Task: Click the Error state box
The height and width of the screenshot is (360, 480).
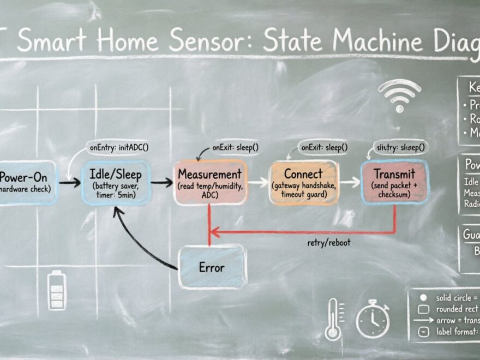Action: click(x=212, y=267)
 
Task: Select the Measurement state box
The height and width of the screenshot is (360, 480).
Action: click(x=209, y=183)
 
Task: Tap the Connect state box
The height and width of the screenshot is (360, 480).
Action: click(x=303, y=183)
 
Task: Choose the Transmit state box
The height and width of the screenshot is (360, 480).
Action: click(x=394, y=182)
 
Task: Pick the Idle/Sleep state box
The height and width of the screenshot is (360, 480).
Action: click(x=115, y=183)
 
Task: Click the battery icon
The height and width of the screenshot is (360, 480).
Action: click(x=57, y=290)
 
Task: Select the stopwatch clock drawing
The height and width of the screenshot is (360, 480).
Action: click(x=373, y=319)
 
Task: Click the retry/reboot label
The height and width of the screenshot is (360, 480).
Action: click(x=329, y=243)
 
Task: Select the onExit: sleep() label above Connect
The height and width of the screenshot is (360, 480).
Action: click(x=325, y=147)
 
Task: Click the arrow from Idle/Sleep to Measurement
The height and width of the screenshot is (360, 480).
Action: click(x=161, y=183)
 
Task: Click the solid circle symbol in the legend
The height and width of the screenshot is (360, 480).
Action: click(x=423, y=298)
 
